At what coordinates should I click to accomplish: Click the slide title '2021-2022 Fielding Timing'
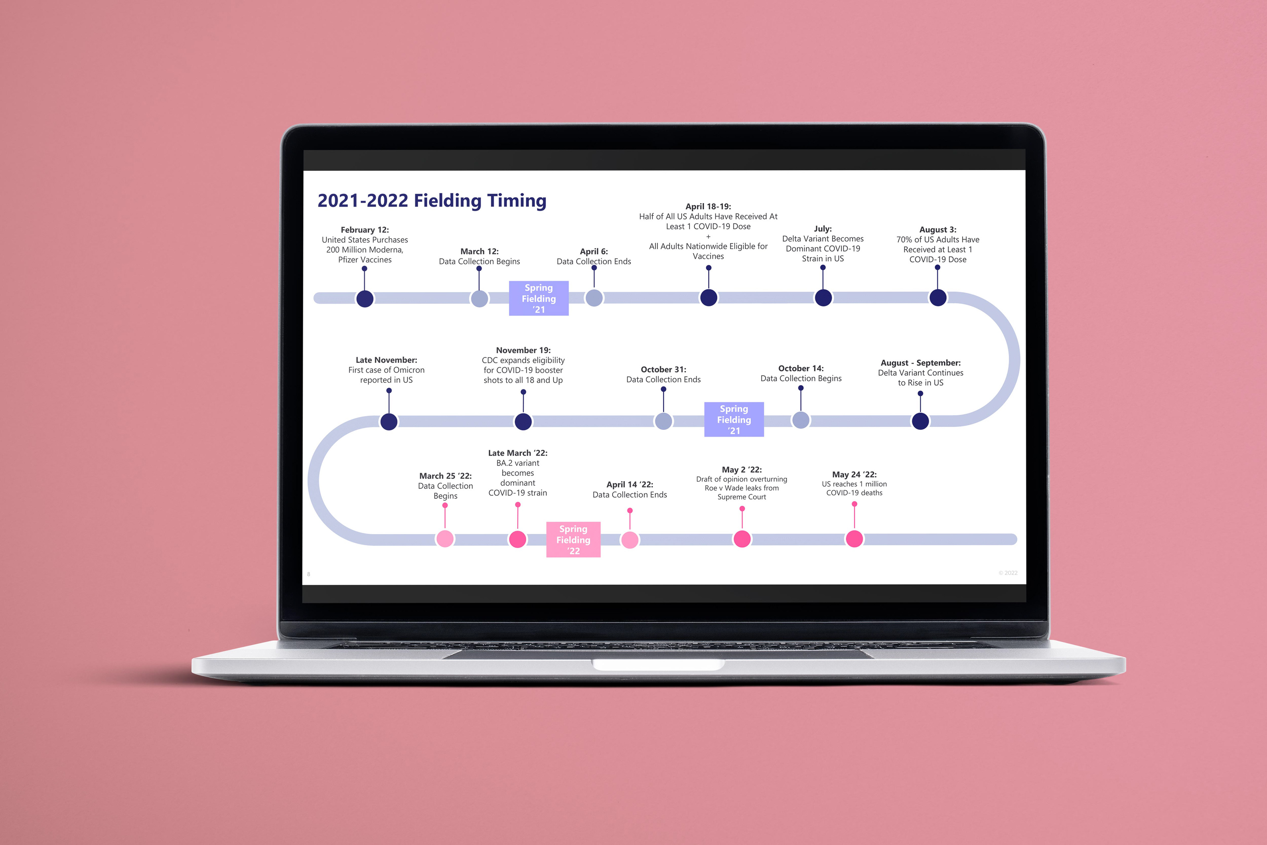click(432, 201)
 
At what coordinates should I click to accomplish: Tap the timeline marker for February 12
click(365, 299)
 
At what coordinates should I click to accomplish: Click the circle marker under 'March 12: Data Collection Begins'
click(479, 299)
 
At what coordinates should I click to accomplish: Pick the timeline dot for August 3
click(938, 298)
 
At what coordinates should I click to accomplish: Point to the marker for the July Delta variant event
click(823, 298)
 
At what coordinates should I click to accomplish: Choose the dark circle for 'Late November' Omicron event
click(389, 421)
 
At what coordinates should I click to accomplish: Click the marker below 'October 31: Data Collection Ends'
click(664, 421)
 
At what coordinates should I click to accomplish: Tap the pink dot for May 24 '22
click(854, 538)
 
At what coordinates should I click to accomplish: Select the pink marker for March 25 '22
click(445, 538)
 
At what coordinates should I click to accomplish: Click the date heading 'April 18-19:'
click(708, 207)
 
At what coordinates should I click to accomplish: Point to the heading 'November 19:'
click(523, 350)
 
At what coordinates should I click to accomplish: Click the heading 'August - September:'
click(921, 363)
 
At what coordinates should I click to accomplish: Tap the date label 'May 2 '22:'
click(741, 470)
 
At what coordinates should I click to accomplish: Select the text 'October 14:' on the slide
click(801, 368)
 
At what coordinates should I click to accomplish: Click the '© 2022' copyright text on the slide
click(1008, 573)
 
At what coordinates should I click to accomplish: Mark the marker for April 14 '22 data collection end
click(630, 539)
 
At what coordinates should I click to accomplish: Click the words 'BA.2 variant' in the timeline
click(517, 463)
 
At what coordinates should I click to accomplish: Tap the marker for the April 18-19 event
click(708, 298)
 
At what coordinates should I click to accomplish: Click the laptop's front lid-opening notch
click(658, 665)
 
